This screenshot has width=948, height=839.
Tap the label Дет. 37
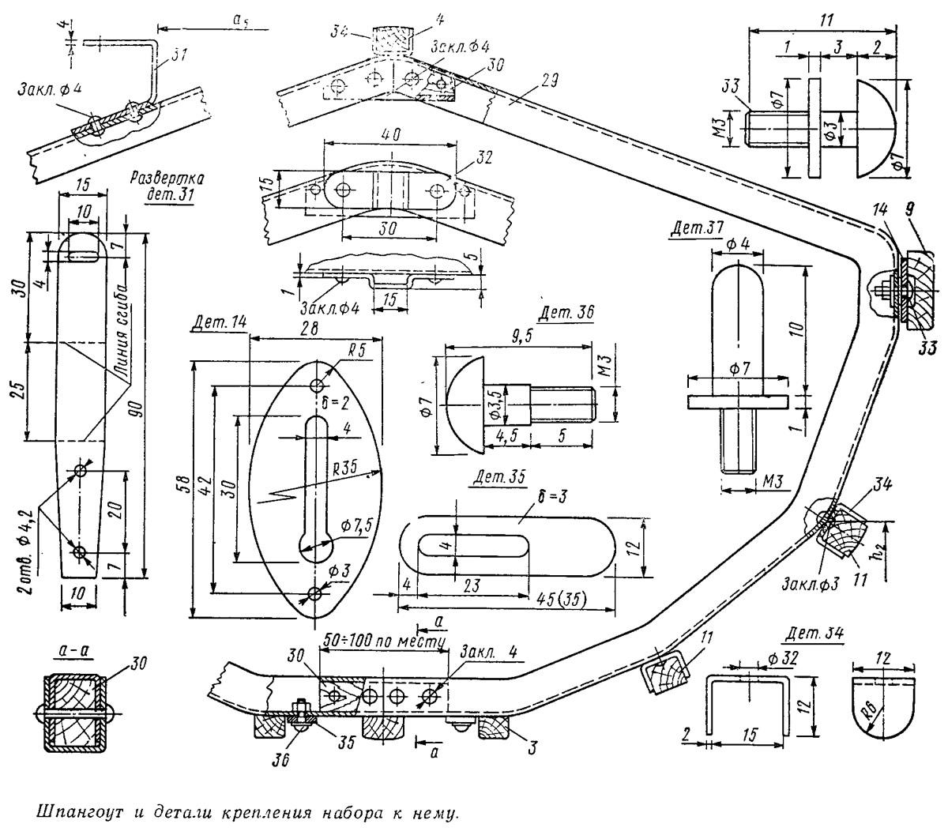pos(694,228)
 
